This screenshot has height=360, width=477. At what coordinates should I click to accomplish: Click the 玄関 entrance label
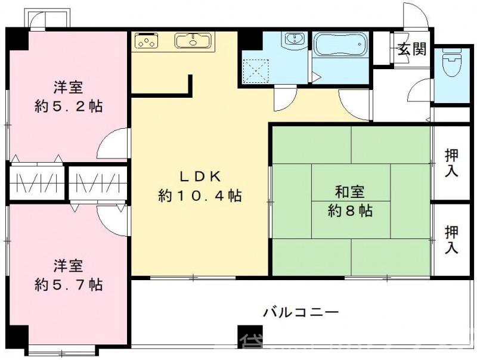[x=413, y=49]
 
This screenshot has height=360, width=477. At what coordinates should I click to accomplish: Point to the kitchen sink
[x=193, y=41]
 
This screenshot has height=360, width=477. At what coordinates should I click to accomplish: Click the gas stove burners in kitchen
[x=147, y=41]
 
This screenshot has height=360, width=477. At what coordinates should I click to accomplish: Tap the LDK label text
[x=202, y=176]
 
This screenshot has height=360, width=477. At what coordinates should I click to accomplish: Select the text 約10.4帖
[x=200, y=195]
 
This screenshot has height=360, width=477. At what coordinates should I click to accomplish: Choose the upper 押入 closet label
[x=452, y=162]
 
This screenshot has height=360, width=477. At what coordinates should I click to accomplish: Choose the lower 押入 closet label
[x=452, y=240]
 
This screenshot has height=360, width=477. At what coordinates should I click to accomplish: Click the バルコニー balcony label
[x=301, y=312]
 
